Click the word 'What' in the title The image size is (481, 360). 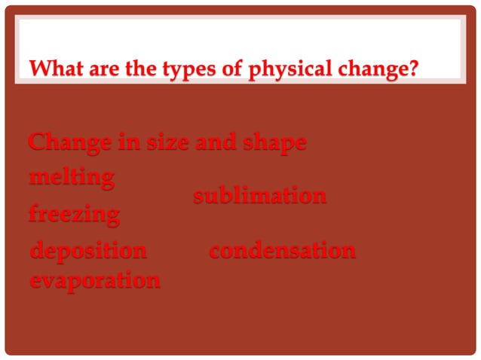click(52, 71)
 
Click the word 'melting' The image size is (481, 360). click(72, 178)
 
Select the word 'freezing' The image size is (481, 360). click(74, 215)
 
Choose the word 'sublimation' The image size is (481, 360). click(259, 197)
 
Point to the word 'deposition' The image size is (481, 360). click(88, 251)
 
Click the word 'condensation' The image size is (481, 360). click(281, 251)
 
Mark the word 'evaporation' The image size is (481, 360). click(94, 280)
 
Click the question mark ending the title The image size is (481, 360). click(414, 71)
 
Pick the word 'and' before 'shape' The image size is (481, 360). click(214, 142)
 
